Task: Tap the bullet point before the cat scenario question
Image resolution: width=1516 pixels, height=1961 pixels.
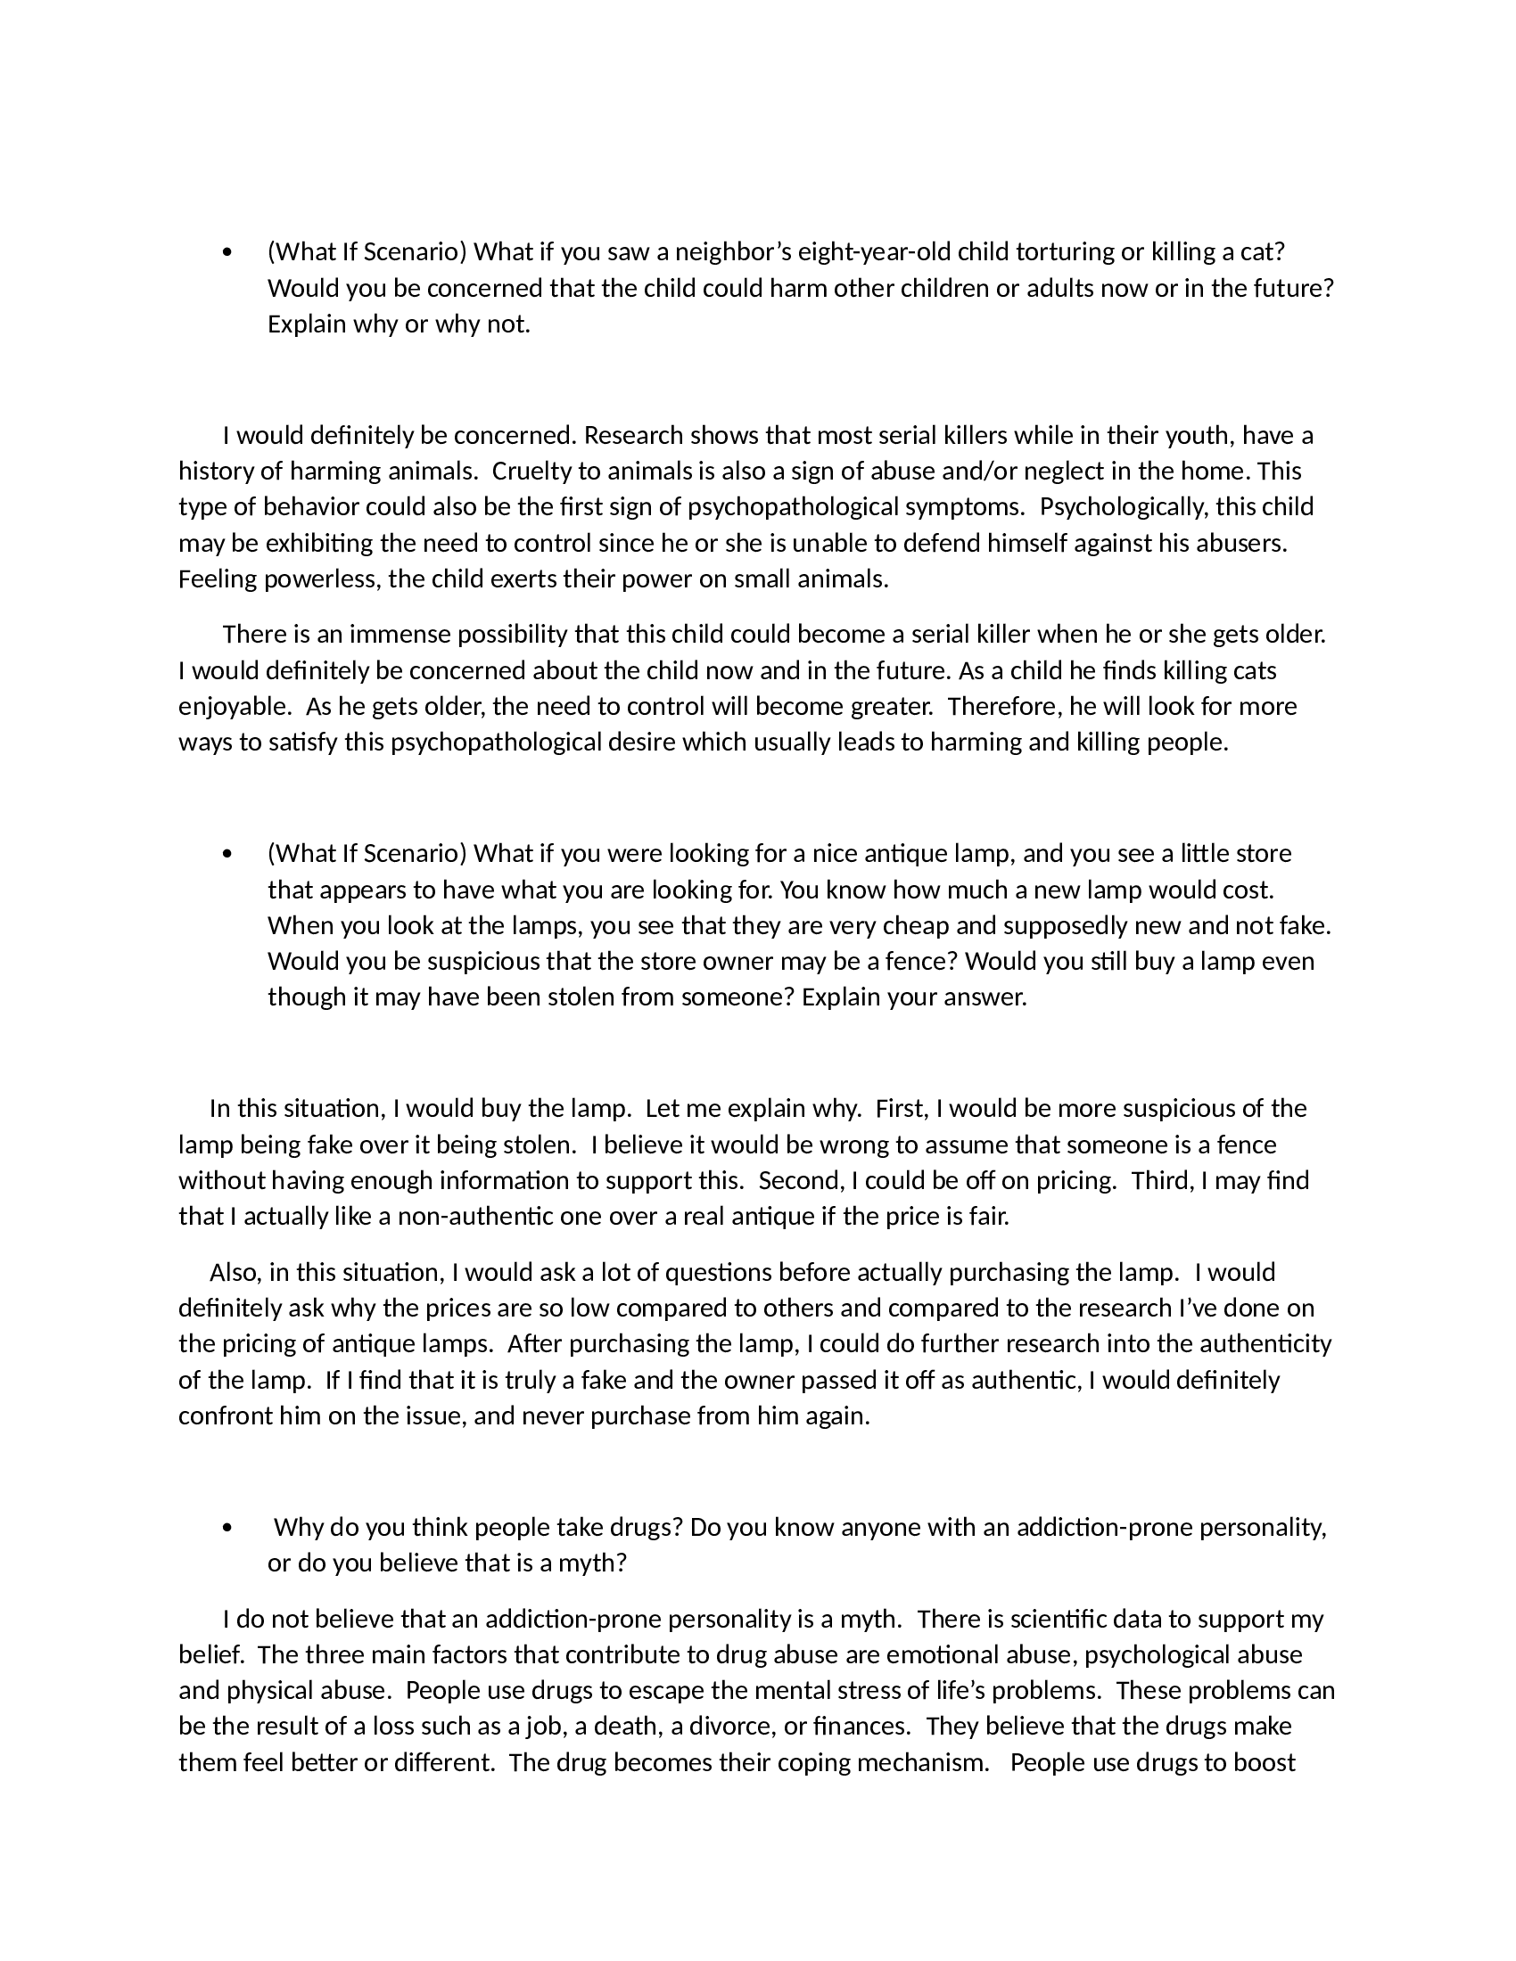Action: coord(227,253)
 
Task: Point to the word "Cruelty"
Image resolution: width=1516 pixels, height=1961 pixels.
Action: coord(532,471)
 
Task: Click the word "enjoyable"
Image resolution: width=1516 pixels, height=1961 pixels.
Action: coord(233,707)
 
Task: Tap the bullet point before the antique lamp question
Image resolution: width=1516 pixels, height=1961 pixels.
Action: coord(227,854)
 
